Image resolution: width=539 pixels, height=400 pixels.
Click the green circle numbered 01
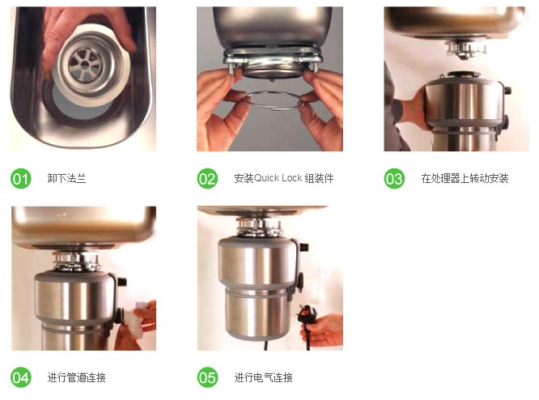[20, 178]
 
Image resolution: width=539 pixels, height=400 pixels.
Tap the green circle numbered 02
[207, 178]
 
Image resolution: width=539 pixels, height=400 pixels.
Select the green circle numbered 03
[394, 178]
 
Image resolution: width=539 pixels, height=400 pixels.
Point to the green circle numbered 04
[20, 377]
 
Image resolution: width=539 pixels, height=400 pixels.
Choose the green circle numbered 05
[207, 377]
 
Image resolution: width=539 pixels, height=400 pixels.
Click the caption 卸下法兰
[66, 178]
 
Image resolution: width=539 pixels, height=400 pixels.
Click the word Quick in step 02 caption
[266, 178]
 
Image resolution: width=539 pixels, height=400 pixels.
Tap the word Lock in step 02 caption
[292, 178]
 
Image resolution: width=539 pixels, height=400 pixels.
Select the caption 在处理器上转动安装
[465, 178]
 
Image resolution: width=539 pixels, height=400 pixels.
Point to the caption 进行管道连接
[76, 377]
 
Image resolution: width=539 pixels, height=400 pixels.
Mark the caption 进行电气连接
[263, 377]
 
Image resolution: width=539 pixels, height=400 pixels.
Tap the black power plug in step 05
[306, 318]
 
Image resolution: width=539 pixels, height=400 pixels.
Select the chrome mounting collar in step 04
[76, 262]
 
